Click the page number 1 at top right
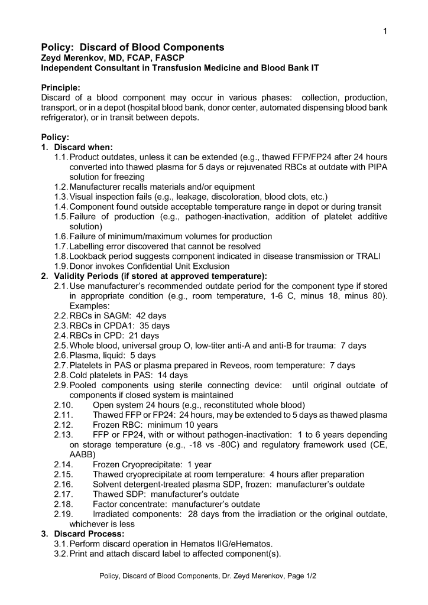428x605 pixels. point(385,31)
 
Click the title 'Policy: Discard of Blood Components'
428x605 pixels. point(132,47)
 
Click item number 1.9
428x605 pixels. point(60,266)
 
